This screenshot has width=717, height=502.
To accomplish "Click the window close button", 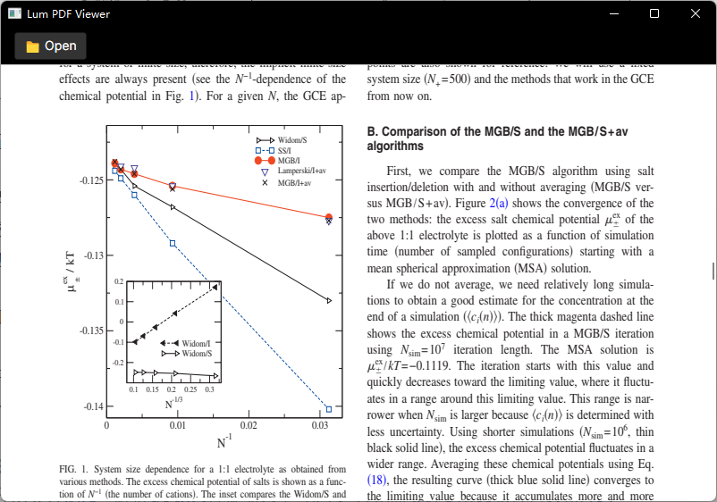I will [696, 14].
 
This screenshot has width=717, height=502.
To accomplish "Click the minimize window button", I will [613, 14].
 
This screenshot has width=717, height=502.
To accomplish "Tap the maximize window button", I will [654, 14].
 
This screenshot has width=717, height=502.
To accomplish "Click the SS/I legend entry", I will [289, 151].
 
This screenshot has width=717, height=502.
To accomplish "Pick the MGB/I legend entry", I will [288, 161].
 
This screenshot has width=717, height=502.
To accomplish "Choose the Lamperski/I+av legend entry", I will [300, 171].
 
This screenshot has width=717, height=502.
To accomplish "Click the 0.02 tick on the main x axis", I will [249, 427].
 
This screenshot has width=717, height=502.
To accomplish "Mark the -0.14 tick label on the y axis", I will [92, 407].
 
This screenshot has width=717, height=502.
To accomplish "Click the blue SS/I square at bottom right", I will [329, 409].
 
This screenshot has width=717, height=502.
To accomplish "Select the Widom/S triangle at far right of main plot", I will [329, 301].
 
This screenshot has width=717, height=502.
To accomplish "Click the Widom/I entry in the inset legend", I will [196, 343].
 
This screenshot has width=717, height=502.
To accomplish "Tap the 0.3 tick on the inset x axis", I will [210, 390].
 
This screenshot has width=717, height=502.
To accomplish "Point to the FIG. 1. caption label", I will [74, 469].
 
